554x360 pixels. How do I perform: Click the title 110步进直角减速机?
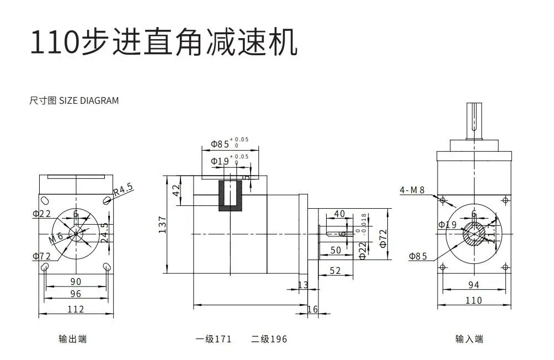[163, 43]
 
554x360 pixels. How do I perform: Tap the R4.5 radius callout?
[124, 190]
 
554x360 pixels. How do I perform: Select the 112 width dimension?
[76, 309]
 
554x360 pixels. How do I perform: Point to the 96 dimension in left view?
[76, 294]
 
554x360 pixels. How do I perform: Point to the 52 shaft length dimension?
[334, 271]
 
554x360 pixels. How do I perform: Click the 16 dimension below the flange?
[312, 309]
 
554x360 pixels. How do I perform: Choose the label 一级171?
[213, 339]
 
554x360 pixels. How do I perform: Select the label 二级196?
[269, 339]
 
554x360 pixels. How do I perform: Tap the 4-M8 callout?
[412, 190]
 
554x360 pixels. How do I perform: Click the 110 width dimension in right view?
[473, 300]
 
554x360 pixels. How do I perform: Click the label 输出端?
[72, 339]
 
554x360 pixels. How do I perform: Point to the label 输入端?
[469, 339]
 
